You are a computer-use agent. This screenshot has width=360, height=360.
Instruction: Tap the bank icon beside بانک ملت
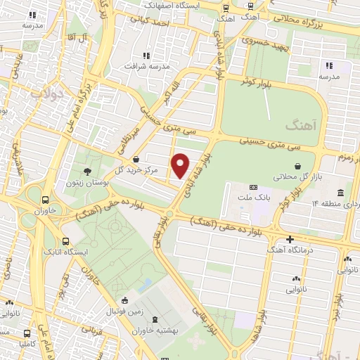click(252, 187)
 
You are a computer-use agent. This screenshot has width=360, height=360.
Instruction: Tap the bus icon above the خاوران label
click(46, 200)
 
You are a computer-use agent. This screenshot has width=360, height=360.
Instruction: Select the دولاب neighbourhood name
click(50, 91)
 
